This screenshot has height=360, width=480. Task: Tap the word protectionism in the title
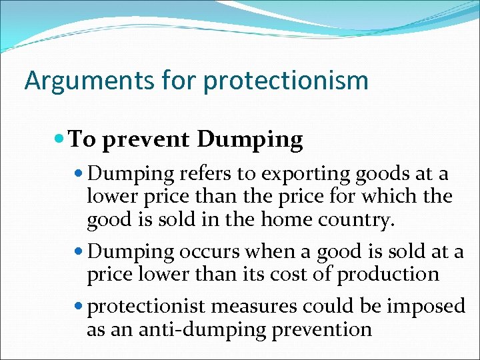(x=286, y=81)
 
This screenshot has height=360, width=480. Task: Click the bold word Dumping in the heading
(x=250, y=140)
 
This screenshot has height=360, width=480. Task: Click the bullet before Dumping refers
(x=79, y=174)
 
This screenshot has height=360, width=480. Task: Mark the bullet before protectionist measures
(x=79, y=306)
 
